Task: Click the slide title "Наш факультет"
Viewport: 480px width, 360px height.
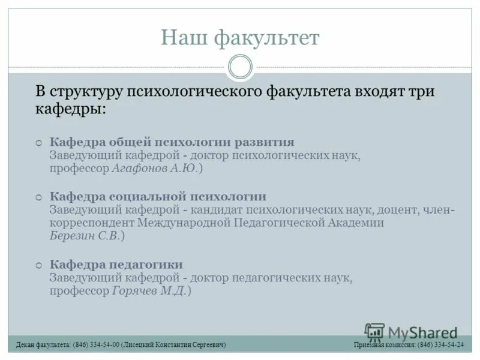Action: pyautogui.click(x=240, y=38)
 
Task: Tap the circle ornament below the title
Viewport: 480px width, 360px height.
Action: pyautogui.click(x=240, y=67)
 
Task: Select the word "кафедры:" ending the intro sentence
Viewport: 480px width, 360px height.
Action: pyautogui.click(x=71, y=110)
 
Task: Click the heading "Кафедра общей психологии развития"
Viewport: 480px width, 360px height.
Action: pyautogui.click(x=172, y=142)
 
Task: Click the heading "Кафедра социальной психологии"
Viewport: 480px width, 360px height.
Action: pyautogui.click(x=158, y=197)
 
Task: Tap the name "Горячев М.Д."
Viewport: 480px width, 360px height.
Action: pyautogui.click(x=149, y=291)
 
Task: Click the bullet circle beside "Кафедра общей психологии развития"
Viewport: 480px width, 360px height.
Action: pyautogui.click(x=38, y=143)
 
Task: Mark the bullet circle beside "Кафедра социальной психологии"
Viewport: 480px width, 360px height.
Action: pyautogui.click(x=38, y=197)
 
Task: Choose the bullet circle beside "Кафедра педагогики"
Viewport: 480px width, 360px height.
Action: pyautogui.click(x=38, y=265)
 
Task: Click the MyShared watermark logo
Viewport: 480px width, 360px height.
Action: pyautogui.click(x=410, y=332)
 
